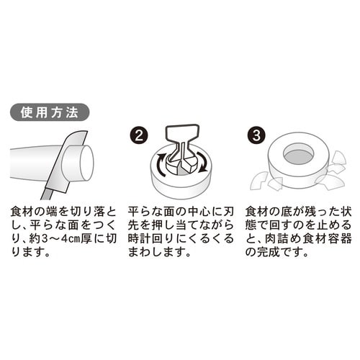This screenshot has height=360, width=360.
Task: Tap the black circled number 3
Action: (x=256, y=135)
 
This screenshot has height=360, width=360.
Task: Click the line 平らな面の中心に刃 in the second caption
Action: (x=179, y=211)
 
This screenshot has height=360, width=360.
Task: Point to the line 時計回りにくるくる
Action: (x=179, y=238)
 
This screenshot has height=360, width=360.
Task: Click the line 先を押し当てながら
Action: (x=179, y=225)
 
